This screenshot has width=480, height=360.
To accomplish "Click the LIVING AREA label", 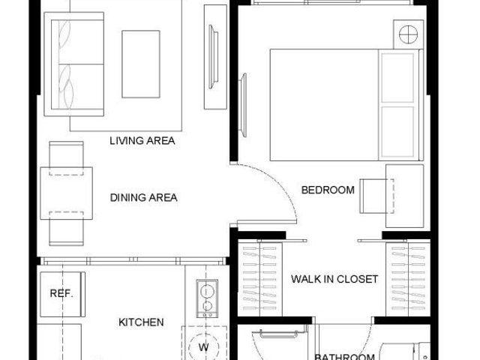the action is click(x=142, y=141).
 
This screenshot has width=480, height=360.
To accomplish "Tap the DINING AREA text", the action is click(x=143, y=197).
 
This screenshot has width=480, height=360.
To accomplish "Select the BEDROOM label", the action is click(x=328, y=190).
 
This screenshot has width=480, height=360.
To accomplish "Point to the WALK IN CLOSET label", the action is click(x=334, y=279).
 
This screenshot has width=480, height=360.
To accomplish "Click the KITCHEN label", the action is click(x=141, y=322).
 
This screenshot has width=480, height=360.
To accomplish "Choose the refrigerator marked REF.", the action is click(x=63, y=294).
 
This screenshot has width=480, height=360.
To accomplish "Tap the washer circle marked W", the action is click(x=204, y=347).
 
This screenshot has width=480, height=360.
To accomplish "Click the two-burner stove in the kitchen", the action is click(x=207, y=298).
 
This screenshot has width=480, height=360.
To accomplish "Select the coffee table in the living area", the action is click(x=141, y=64).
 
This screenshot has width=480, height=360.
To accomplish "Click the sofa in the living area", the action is click(x=74, y=64).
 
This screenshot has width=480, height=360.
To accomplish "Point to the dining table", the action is click(x=67, y=193).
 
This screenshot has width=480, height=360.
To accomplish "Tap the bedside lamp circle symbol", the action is click(x=408, y=34).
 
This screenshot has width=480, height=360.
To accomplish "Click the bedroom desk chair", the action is click(x=376, y=196).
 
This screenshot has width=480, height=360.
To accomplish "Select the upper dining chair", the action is click(x=67, y=158).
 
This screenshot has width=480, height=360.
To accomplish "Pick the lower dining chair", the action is click(x=67, y=228).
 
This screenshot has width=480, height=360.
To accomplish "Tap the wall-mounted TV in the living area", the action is click(x=213, y=57).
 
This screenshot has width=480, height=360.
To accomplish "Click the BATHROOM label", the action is click(x=345, y=357).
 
